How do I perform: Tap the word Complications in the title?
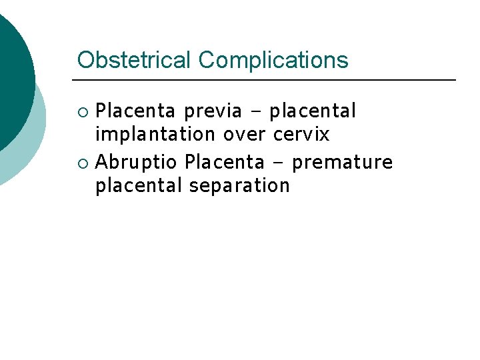point(273,60)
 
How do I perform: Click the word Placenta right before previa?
point(136,111)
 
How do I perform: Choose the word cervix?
point(301,135)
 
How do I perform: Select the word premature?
point(343,163)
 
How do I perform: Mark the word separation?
point(239,186)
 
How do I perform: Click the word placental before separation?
point(139,185)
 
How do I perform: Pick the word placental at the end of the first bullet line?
point(313,111)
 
